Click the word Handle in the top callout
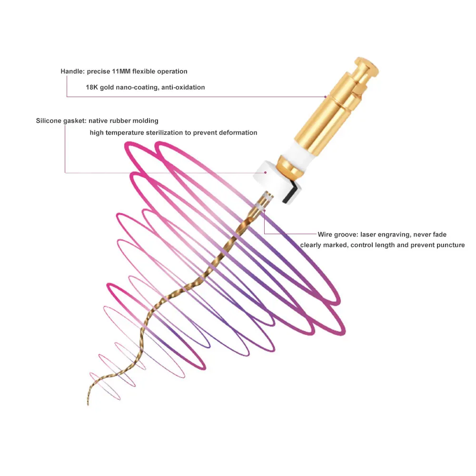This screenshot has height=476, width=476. click(x=71, y=71)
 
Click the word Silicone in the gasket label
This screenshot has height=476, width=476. click(x=49, y=121)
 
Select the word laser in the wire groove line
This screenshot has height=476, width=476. click(x=368, y=235)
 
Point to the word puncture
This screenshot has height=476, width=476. click(x=450, y=246)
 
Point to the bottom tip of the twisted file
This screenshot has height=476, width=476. click(x=89, y=405)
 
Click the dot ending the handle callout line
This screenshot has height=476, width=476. click(x=326, y=97)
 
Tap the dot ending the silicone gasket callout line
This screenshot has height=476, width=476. click(x=266, y=172)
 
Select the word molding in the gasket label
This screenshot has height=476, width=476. click(x=146, y=121)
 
